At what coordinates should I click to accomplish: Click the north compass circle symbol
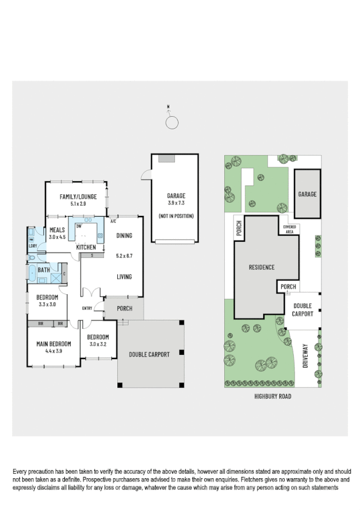click(172, 123)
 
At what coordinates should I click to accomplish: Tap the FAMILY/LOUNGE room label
click(78, 197)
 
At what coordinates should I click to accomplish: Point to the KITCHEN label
click(85, 247)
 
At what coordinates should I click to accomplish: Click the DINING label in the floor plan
click(124, 236)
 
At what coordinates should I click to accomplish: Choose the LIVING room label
click(124, 277)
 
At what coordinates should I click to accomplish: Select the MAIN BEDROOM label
click(53, 343)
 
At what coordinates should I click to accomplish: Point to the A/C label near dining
click(113, 221)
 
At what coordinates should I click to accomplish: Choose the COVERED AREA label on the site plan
click(289, 229)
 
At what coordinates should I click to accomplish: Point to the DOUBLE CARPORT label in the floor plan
click(149, 354)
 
